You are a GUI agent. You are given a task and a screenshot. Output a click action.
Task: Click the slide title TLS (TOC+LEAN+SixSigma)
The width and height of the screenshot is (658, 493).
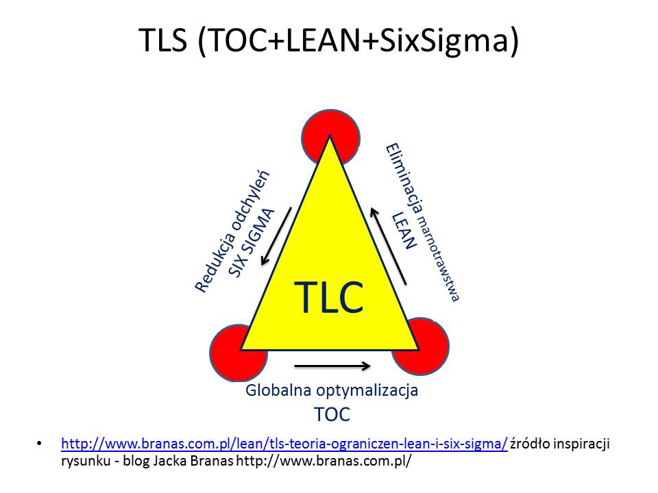click(x=328, y=40)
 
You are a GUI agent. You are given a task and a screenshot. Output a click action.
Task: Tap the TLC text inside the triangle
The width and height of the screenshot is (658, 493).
click(x=328, y=296)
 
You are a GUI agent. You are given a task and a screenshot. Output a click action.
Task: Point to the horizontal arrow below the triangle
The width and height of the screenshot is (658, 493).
click(x=332, y=366)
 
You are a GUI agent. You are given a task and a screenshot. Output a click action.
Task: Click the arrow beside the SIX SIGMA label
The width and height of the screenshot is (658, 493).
click(x=276, y=236)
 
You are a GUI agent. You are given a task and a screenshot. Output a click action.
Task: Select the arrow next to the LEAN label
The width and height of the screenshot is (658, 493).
click(x=388, y=246)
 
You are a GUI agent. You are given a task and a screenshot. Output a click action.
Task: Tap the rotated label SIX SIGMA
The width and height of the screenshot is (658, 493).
click(x=251, y=243)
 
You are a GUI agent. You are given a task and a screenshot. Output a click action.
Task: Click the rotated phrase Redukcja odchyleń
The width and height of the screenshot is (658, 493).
click(x=232, y=232)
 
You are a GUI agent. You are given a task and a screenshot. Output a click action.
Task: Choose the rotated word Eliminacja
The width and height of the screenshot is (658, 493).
click(x=404, y=180)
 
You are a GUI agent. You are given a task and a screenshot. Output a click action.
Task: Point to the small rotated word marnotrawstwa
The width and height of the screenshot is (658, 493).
click(x=440, y=258)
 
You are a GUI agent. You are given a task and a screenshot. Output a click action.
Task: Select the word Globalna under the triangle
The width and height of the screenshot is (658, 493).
click(x=278, y=390)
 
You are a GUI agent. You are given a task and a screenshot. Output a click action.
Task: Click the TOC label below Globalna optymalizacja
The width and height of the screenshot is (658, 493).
click(x=332, y=415)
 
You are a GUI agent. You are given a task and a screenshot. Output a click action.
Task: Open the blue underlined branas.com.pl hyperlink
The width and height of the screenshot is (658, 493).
click(x=284, y=444)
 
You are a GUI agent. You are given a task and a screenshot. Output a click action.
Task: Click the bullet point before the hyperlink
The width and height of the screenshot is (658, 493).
click(x=40, y=444)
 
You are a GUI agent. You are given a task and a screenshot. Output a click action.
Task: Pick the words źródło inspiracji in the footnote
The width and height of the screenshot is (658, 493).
click(x=560, y=444)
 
